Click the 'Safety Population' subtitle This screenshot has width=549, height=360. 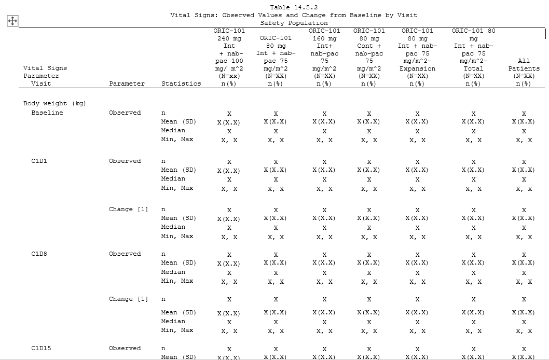point(294,23)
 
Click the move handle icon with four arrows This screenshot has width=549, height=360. point(12,21)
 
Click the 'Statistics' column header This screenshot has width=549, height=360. point(181,84)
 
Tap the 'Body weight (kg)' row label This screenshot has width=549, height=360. point(54,103)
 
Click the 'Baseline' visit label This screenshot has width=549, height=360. point(47,113)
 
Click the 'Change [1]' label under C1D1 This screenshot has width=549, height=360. point(128,209)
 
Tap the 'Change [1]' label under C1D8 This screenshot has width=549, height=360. point(128,299)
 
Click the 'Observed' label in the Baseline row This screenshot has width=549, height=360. point(125,113)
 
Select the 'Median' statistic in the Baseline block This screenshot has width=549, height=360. point(173,130)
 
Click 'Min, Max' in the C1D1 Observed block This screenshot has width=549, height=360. point(177,188)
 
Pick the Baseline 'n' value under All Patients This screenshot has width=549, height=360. point(524,114)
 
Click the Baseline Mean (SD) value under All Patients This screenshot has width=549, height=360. point(523,122)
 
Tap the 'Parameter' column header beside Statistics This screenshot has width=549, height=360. point(127,84)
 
